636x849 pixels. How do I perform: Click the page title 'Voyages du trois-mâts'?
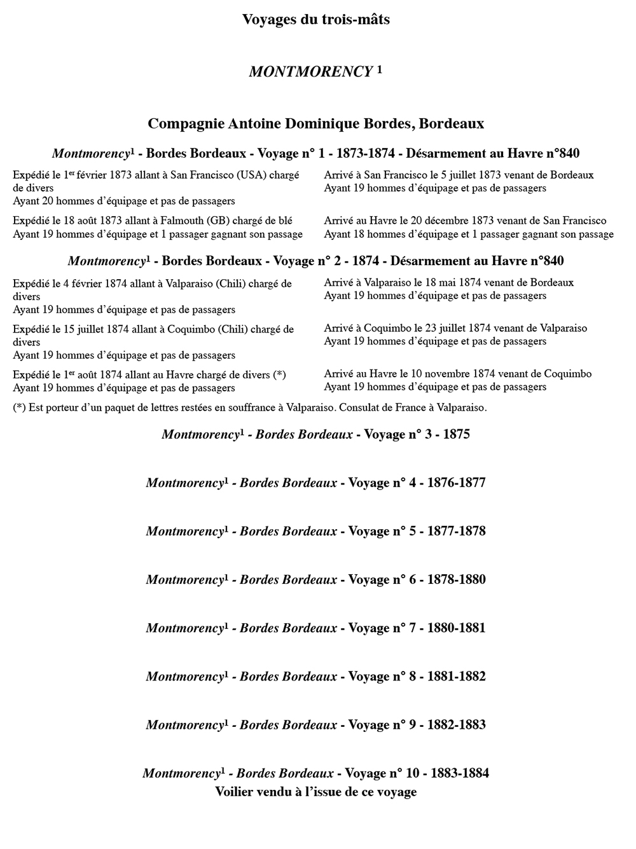click(315, 20)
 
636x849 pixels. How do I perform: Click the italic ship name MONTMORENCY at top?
click(310, 72)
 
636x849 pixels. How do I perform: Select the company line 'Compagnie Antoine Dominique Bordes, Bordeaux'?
click(315, 123)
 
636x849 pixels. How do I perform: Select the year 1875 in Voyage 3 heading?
click(456, 435)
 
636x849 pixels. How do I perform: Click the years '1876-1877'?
click(456, 483)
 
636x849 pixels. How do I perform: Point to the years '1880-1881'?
click(456, 628)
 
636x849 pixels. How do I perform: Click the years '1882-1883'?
click(456, 725)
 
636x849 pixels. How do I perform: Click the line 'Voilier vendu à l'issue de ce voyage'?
click(315, 792)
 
